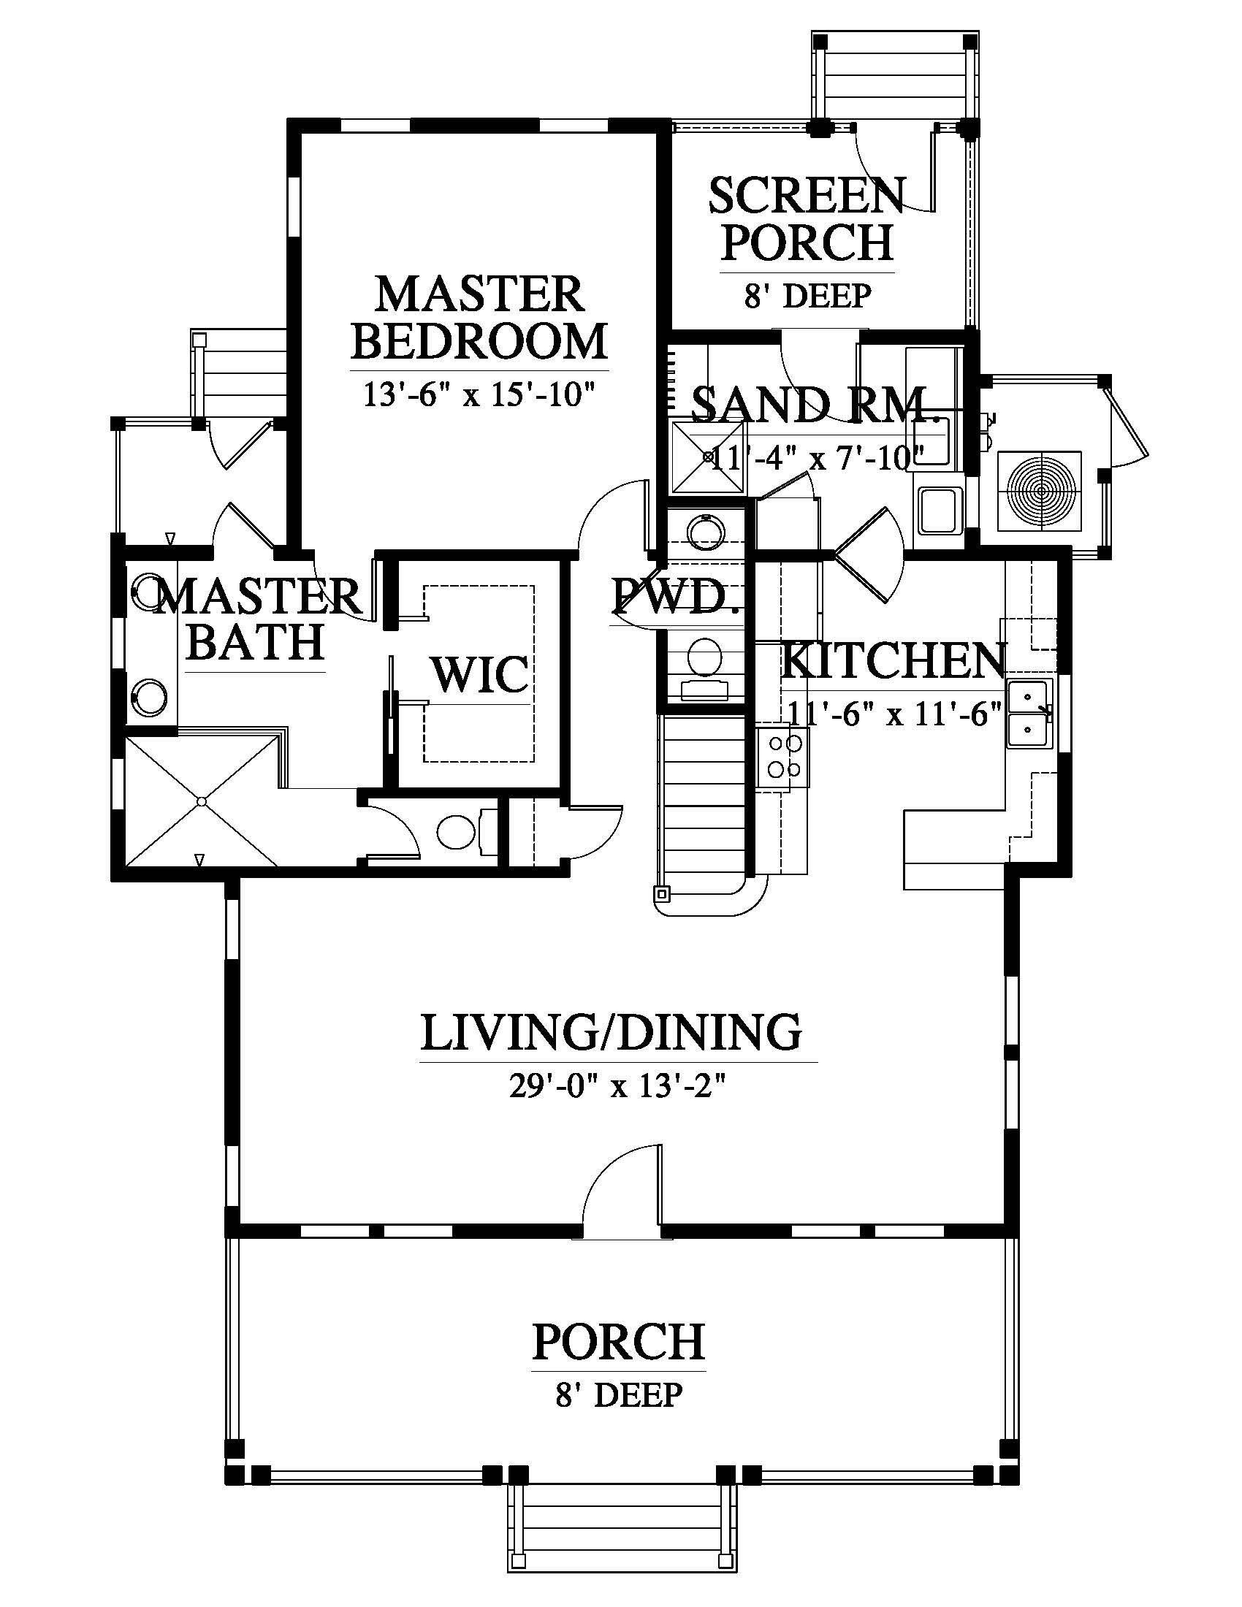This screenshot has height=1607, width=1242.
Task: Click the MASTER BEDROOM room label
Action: coord(479,317)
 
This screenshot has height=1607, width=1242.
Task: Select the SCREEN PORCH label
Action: coord(807,218)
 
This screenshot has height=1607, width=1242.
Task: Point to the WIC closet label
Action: coord(480,673)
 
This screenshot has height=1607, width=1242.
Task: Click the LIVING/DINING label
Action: coord(612,1031)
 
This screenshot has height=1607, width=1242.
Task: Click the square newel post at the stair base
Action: coord(662,893)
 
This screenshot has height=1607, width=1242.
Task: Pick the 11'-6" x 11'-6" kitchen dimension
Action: coord(895,713)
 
